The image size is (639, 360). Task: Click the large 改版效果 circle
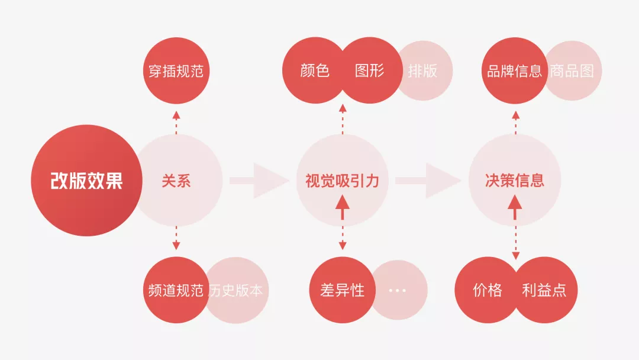coord(86,181)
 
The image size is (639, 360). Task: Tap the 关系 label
coord(176,181)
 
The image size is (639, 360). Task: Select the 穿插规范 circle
coord(176,71)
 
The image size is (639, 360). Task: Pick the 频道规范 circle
coord(175,290)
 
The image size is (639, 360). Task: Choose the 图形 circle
coord(370,71)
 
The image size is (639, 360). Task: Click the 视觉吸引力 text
coord(342,181)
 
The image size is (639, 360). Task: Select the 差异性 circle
coord(342,290)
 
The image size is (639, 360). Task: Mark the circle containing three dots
coord(398,290)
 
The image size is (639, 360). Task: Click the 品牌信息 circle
coord(514,71)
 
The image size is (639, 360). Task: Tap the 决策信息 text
coord(515,181)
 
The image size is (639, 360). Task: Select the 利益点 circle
coord(544,290)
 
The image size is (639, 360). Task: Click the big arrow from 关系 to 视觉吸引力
coord(258,181)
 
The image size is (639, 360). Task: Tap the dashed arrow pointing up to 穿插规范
coord(176,121)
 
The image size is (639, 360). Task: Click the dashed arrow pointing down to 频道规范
coord(176,238)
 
